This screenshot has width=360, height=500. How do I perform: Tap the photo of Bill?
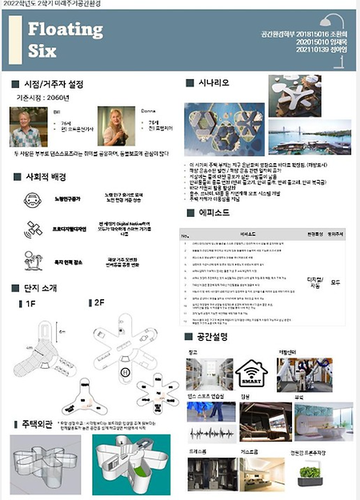tap(29, 126)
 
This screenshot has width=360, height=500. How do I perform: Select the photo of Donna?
tap(111, 126)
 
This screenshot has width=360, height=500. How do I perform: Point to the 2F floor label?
tap(98, 304)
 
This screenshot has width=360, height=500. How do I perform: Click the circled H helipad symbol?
tap(125, 374)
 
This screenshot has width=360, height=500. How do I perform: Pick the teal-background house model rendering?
tap(130, 467)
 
